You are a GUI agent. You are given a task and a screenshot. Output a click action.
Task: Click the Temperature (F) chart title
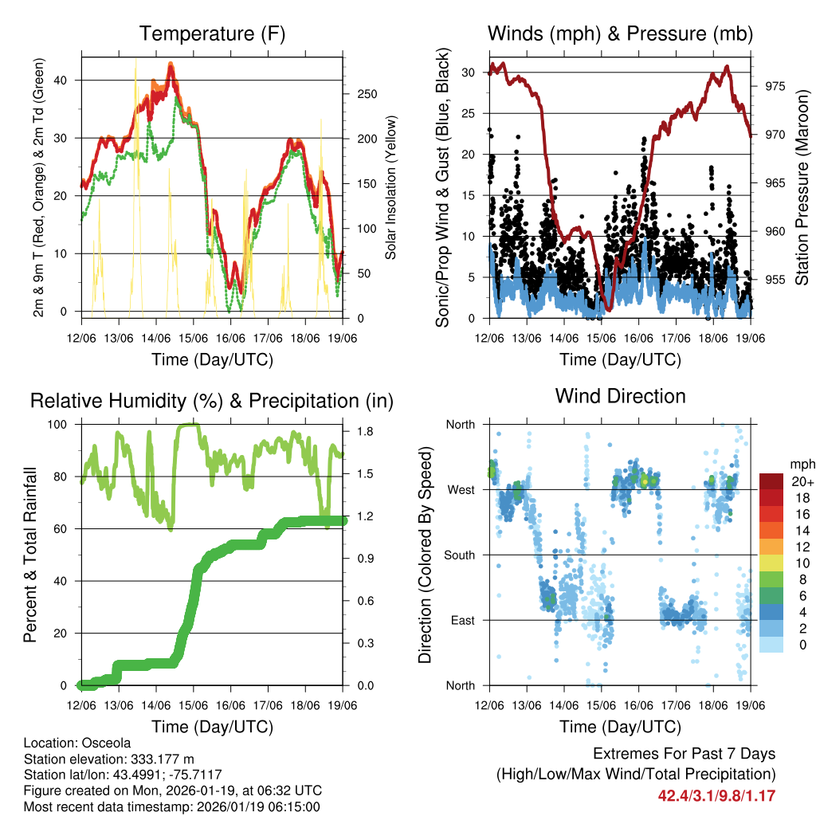tap(212, 33)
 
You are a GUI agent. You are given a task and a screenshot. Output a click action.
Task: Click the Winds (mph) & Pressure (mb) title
tap(620, 33)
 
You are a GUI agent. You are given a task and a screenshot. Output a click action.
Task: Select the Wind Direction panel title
tap(620, 395)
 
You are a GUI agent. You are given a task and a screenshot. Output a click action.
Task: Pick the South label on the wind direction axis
tap(460, 555)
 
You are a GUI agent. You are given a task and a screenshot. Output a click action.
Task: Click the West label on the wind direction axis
tap(461, 489)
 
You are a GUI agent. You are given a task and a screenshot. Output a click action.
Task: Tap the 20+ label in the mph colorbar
tap(801, 481)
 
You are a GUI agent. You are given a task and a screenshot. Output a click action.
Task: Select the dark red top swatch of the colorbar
tap(771, 481)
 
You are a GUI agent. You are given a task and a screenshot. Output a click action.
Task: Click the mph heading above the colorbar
tap(800, 465)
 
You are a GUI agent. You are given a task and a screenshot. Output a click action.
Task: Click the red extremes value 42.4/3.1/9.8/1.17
tap(716, 795)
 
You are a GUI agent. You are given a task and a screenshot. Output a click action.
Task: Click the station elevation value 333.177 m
tap(159, 759)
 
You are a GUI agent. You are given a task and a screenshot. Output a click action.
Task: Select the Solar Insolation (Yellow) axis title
tap(391, 188)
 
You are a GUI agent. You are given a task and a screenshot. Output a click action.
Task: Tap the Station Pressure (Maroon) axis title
tap(802, 188)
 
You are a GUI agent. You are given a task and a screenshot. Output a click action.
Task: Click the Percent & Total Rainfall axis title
tap(29, 555)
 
